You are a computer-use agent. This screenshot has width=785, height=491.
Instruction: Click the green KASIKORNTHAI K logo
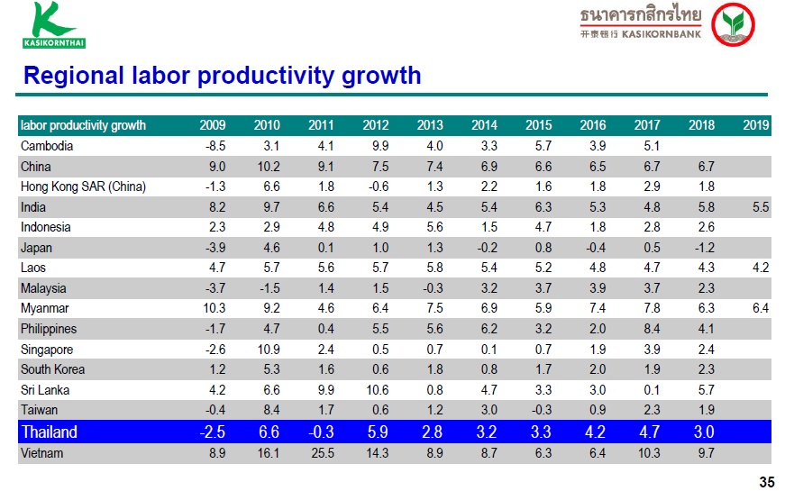click(53, 25)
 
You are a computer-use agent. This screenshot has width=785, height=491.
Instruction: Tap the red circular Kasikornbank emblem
click(733, 24)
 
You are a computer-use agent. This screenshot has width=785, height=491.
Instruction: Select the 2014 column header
click(484, 125)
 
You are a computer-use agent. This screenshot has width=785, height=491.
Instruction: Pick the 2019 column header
click(756, 125)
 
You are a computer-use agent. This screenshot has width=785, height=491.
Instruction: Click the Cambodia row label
click(47, 146)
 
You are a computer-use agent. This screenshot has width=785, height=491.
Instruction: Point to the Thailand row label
click(49, 432)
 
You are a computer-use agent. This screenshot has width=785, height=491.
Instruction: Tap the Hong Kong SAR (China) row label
click(83, 186)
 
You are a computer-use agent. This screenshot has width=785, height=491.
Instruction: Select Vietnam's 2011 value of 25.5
click(323, 453)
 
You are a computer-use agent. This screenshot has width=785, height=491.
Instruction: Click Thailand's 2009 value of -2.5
click(213, 432)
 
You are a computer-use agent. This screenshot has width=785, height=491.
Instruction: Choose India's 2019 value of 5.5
click(761, 207)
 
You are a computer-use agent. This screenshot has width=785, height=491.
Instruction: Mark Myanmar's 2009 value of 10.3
click(214, 308)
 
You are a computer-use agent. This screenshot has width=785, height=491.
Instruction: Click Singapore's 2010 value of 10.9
click(269, 350)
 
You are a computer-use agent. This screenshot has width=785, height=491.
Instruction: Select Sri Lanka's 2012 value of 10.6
click(377, 390)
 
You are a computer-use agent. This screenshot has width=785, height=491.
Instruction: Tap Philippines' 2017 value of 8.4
click(652, 329)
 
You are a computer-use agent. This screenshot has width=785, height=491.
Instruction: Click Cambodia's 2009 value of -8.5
click(215, 146)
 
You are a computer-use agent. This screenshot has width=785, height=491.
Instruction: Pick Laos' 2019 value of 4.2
click(761, 268)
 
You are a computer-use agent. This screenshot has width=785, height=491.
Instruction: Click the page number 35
click(767, 482)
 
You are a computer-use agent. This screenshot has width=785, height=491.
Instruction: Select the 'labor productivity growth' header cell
click(83, 125)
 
